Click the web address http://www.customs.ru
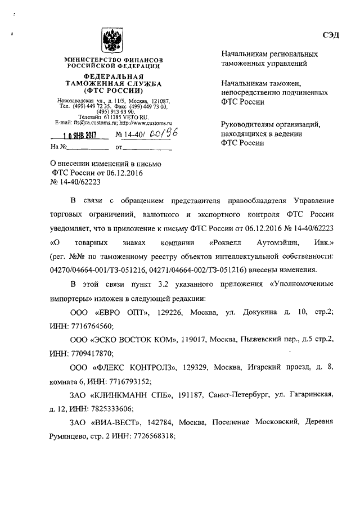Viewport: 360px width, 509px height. [x=145, y=122]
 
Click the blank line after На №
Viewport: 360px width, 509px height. [x=88, y=148]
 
